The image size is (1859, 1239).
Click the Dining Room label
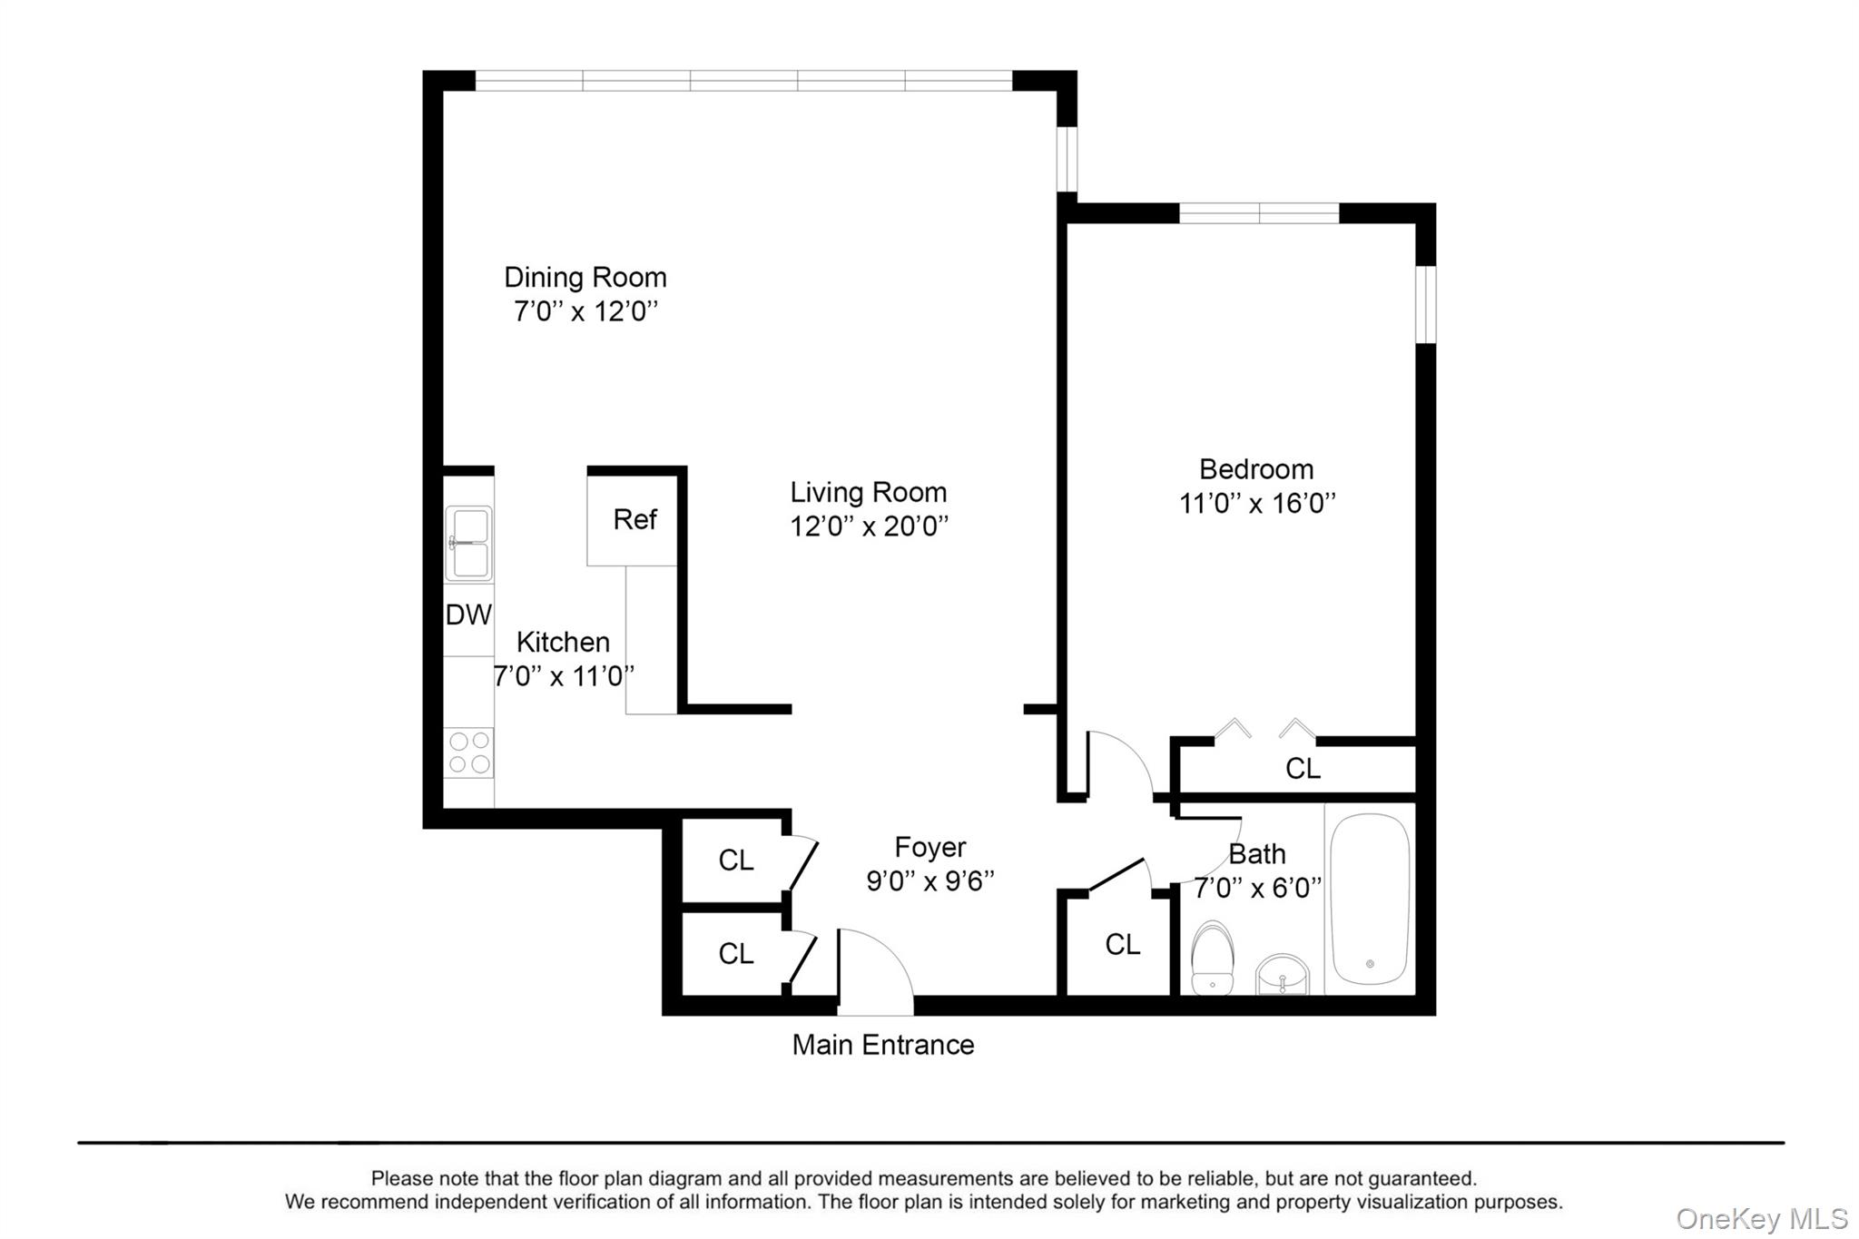tap(585, 277)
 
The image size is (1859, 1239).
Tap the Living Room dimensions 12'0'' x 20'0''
tap(869, 526)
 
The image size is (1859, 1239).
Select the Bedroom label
tap(1256, 469)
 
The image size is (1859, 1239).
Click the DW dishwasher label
tap(468, 615)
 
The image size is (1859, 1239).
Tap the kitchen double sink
tap(468, 543)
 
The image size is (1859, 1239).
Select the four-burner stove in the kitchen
tap(468, 752)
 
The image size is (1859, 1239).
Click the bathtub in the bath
tap(1369, 899)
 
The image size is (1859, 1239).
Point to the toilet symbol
tap(1212, 959)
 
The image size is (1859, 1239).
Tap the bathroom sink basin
tap(1283, 975)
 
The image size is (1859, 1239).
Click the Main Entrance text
tap(882, 1045)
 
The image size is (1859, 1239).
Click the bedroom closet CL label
tap(1303, 769)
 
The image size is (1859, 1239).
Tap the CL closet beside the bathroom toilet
tap(1122, 945)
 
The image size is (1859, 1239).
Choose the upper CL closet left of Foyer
tap(735, 860)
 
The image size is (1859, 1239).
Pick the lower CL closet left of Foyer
tap(735, 953)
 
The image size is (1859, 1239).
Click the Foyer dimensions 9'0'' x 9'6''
tap(929, 881)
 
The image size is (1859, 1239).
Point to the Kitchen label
tap(563, 643)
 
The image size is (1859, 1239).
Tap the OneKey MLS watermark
tap(1761, 1219)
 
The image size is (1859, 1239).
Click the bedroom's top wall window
tap(1258, 214)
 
